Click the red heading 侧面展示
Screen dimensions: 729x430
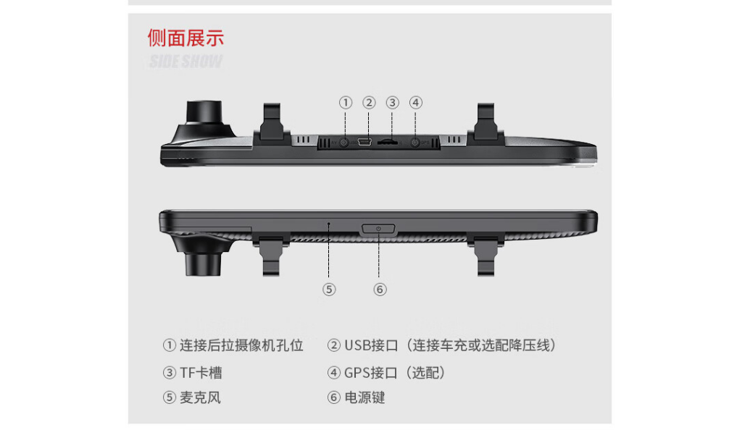tap(186, 38)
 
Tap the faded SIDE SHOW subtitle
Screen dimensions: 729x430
tap(186, 61)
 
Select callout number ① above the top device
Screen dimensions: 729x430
tap(346, 103)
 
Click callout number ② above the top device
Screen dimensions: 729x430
tap(369, 103)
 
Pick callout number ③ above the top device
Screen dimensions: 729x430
tap(392, 103)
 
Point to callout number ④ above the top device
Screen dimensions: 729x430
tap(416, 103)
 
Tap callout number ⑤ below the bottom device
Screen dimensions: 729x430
tap(329, 290)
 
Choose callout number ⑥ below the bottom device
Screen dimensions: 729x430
tap(380, 290)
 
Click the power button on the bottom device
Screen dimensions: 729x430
tap(378, 229)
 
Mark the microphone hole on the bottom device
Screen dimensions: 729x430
tap(329, 224)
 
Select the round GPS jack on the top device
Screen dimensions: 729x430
tap(415, 143)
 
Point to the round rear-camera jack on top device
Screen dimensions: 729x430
tap(344, 143)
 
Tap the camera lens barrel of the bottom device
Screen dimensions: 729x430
tap(203, 264)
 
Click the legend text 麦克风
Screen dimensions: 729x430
tap(200, 397)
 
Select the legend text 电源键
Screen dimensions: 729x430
tap(364, 397)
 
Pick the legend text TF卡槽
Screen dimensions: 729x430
tap(201, 372)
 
